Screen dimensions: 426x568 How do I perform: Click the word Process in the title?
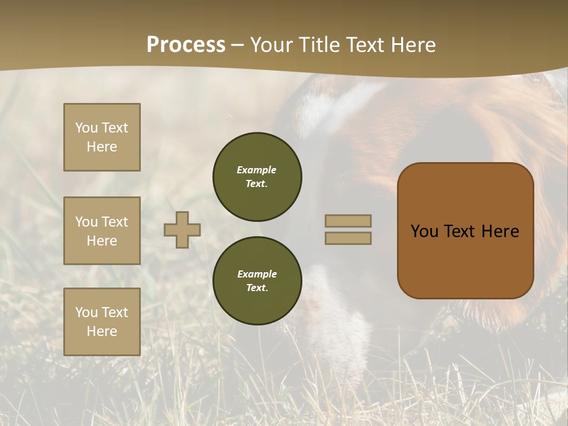coord(186,45)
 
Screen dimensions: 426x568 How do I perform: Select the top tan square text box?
coord(102,137)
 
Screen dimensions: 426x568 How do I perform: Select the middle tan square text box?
coord(102,231)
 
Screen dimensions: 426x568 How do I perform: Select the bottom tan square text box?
coord(102,322)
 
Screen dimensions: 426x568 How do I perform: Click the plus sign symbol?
coord(182,230)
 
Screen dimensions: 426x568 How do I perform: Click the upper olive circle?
coord(257,177)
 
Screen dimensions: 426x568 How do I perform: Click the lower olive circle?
coord(257,281)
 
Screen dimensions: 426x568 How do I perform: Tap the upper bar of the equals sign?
coord(348,221)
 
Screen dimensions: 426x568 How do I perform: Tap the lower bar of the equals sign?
coord(348,238)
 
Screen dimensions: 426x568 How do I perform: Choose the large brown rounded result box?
coord(465,231)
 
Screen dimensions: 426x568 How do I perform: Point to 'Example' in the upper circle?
coord(256,170)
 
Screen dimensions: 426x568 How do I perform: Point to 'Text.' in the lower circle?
coord(256,288)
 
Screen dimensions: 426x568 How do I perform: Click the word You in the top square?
coord(86,128)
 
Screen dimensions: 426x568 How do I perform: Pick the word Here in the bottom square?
coord(102,331)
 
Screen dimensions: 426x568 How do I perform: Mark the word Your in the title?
coord(271,45)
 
